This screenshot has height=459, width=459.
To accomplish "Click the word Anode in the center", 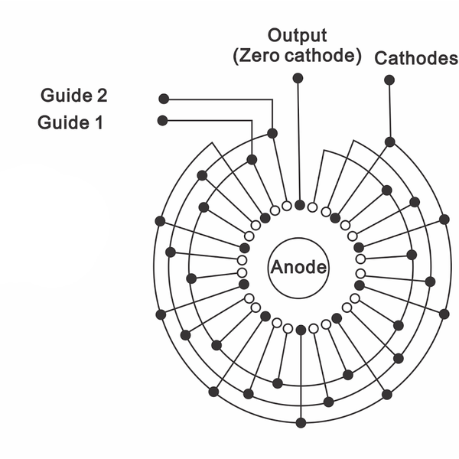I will (x=298, y=268).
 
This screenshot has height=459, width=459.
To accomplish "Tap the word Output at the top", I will (x=298, y=36).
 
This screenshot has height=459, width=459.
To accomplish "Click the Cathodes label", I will (x=416, y=59).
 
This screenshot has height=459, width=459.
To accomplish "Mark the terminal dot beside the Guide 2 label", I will (x=163, y=99).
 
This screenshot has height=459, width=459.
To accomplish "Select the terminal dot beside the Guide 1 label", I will (x=162, y=120).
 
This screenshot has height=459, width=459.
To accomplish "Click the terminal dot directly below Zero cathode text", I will (x=298, y=78).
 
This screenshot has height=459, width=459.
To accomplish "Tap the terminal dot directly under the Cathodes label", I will (x=389, y=80).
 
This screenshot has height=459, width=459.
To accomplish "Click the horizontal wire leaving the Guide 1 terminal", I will (x=207, y=120).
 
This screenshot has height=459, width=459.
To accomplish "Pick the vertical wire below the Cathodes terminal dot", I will (x=389, y=111).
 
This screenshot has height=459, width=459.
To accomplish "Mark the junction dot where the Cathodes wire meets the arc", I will (x=389, y=142).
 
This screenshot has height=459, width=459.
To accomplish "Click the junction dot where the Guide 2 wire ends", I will (x=272, y=133).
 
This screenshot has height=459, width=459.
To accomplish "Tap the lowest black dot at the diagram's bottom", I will (x=301, y=422).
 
